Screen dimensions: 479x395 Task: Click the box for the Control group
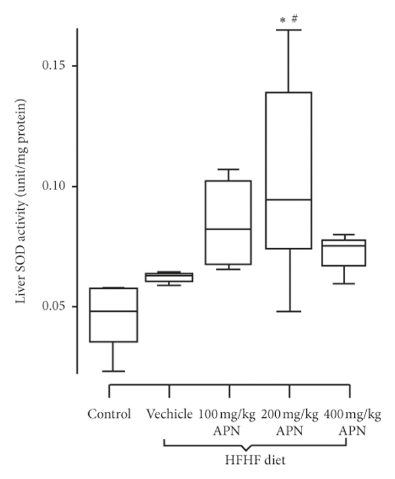113,315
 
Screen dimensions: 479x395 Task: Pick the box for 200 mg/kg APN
288,170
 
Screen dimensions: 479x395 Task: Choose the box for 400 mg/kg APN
348,253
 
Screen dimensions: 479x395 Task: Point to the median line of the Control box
113,311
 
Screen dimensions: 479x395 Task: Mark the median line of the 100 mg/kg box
228,229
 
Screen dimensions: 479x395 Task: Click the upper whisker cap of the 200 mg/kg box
288,30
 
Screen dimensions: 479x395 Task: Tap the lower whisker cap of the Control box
113,371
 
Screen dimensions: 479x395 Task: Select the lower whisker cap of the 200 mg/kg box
288,311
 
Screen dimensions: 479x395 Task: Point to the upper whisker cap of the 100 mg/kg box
228,170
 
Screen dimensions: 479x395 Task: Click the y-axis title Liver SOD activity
22,203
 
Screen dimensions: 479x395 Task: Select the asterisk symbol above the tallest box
282,21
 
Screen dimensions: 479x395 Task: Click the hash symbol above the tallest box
294,19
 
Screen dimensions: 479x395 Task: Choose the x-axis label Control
109,415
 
